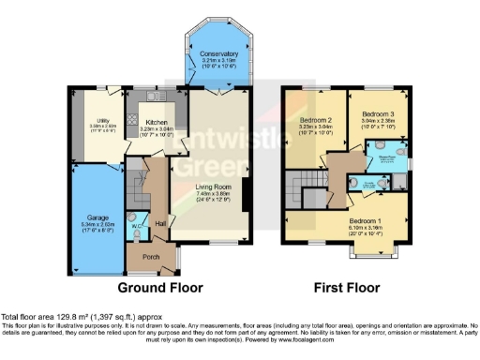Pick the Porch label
click(x=148, y=256)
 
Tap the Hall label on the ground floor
click(x=159, y=223)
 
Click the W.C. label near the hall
click(x=136, y=226)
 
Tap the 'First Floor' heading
click(x=348, y=288)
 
